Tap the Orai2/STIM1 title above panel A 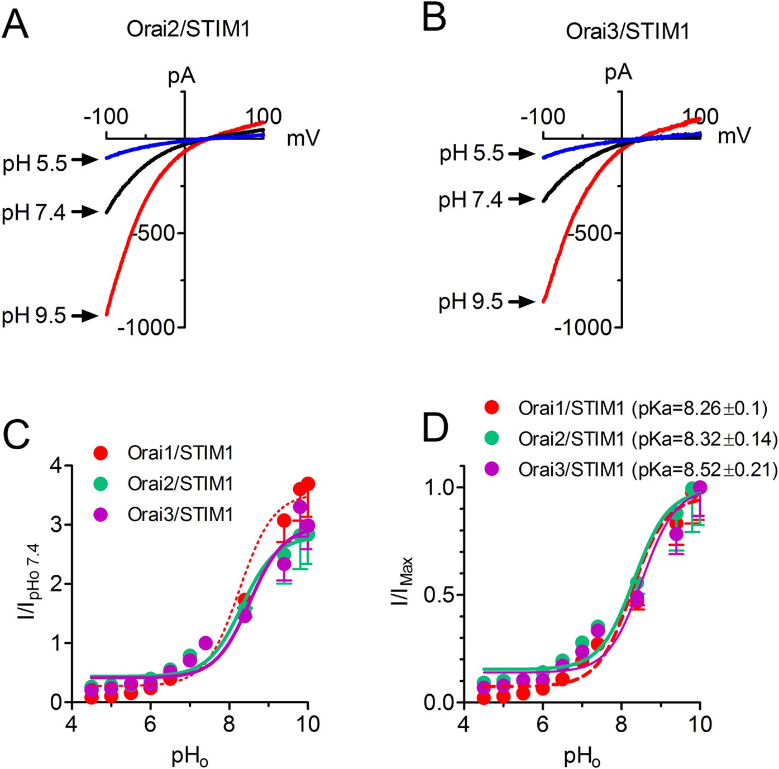pos(188,29)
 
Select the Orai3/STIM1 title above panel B pos(627,31)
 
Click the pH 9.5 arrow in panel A pos(86,316)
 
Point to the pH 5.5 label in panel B pos(472,153)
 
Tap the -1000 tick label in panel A pos(146,328)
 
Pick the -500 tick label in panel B pos(591,233)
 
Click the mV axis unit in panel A pos(303,138)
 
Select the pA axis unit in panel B pos(618,73)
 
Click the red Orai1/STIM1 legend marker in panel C pos(102,453)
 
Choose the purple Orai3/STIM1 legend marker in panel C pos(102,514)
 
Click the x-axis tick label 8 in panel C pos(229,724)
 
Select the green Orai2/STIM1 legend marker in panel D pos(493,439)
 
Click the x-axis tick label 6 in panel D pos(543,724)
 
